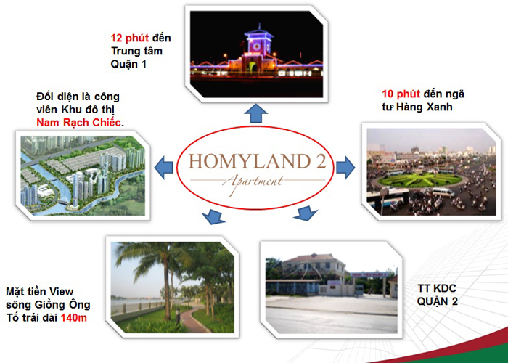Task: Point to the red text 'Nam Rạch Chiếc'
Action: (x=78, y=123)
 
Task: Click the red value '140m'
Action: (x=74, y=317)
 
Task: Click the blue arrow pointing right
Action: (x=345, y=166)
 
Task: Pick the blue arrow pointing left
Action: (x=164, y=166)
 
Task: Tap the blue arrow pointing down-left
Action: (x=210, y=216)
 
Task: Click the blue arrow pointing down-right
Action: (x=306, y=214)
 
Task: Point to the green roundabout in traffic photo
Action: (x=419, y=179)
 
